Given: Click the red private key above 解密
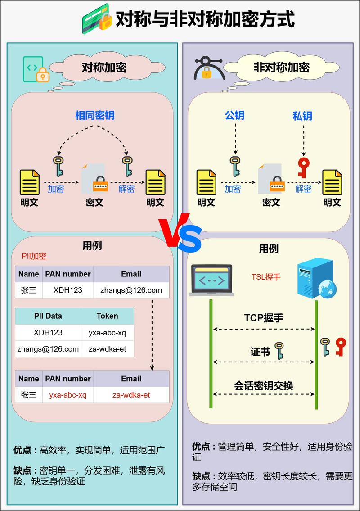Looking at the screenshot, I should click(304, 167).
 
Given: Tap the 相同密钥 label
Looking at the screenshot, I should click(95, 115).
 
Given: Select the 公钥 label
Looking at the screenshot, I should click(234, 115).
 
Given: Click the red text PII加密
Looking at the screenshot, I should click(34, 256).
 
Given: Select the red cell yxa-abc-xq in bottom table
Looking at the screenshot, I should click(67, 395).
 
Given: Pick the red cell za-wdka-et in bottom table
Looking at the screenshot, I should click(131, 395).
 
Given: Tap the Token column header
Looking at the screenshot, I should click(107, 316).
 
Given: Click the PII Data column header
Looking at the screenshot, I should click(48, 316).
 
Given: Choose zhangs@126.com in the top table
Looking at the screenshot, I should click(131, 290).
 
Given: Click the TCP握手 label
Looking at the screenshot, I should click(264, 318).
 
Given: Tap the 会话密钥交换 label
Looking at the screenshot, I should click(264, 385).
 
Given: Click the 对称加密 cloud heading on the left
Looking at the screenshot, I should click(104, 68).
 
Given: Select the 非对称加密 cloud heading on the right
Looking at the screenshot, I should click(281, 68).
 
